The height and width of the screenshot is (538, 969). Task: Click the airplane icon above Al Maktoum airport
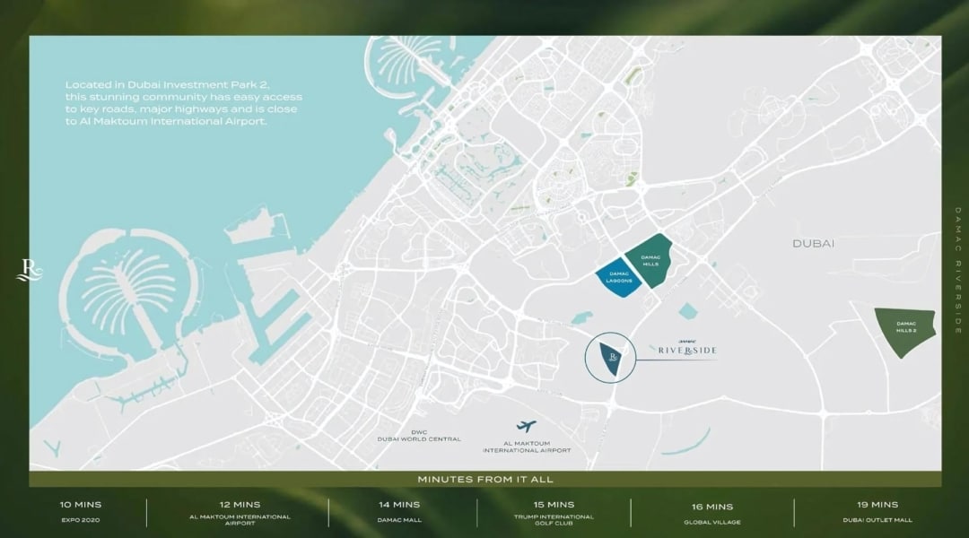pyautogui.click(x=527, y=427)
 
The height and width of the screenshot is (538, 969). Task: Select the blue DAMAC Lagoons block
pyautogui.click(x=621, y=276)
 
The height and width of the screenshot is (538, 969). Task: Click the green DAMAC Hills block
pyautogui.click(x=651, y=260)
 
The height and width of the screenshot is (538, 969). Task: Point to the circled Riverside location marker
pyautogui.click(x=610, y=358)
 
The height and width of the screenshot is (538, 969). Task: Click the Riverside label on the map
pyautogui.click(x=686, y=350)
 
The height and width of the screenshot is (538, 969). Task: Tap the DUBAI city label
pyautogui.click(x=814, y=244)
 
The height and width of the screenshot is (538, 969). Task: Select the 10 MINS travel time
pyautogui.click(x=81, y=505)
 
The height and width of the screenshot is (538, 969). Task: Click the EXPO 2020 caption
pyautogui.click(x=81, y=519)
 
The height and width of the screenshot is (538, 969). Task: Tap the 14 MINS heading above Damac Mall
pyautogui.click(x=399, y=505)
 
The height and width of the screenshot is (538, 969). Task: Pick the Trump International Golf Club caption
pyautogui.click(x=554, y=519)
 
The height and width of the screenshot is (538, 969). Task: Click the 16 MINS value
pyautogui.click(x=712, y=507)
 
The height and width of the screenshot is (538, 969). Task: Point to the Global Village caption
pyautogui.click(x=712, y=520)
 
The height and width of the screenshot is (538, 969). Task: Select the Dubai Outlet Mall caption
pyautogui.click(x=877, y=519)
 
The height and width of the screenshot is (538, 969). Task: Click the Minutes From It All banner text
pyautogui.click(x=484, y=480)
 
